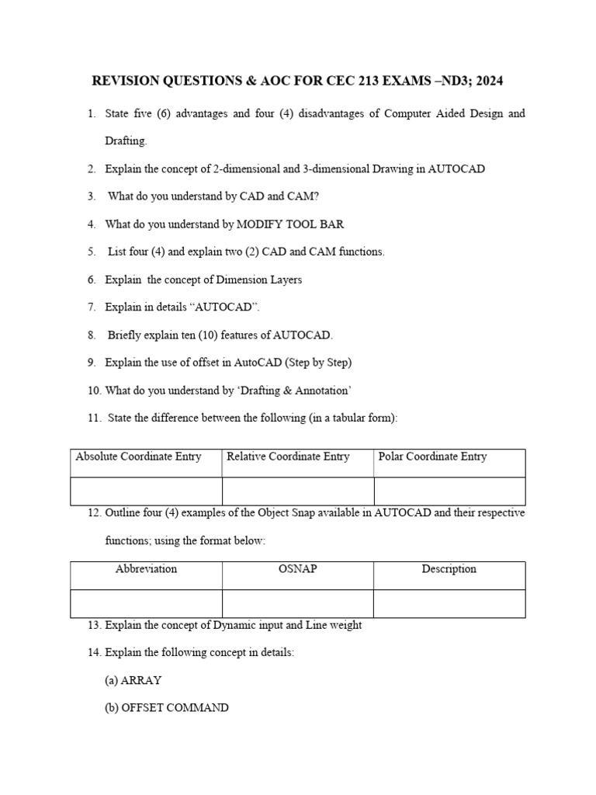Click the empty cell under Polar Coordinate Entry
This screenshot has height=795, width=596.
449,491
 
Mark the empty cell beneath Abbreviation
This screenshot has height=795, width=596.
146,603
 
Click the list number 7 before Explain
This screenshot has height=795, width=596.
91,307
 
